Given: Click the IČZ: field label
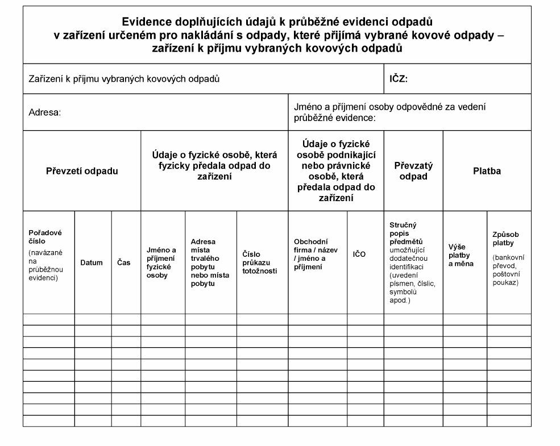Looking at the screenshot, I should coord(399,79).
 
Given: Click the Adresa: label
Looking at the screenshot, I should coord(44,112).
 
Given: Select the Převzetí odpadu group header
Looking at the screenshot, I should coord(82,171).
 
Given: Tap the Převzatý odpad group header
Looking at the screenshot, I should coord(413,171).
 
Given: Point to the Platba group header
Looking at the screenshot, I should coord(487,171).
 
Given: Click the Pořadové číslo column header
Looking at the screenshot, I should coord(45,236).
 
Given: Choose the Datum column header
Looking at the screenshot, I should coord(92,262).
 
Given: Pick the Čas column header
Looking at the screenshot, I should coord(124,262).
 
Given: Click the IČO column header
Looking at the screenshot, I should coord(359,254).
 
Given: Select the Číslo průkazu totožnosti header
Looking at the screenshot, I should coord(260,262).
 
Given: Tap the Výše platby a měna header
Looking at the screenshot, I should coord(461,255).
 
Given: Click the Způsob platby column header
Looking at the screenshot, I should coord(505,239).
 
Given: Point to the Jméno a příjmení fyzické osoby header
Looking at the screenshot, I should coord(161,262).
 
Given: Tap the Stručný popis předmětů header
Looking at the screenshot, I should coord(404,233).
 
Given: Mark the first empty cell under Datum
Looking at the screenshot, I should coord(93,319).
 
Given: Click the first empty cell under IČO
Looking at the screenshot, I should coord(365,319).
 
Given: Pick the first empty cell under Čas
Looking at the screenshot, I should coord(126,319).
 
